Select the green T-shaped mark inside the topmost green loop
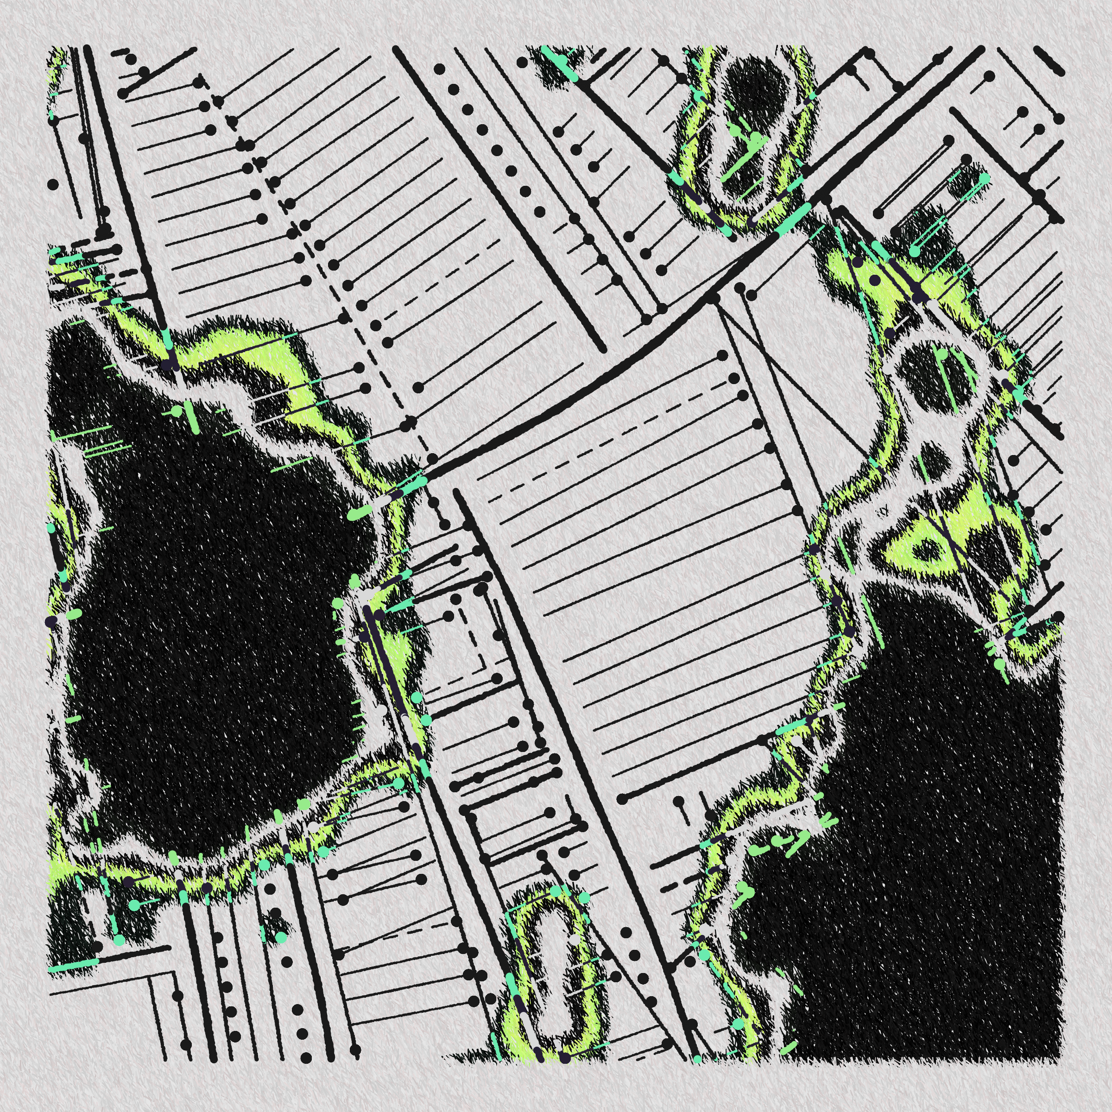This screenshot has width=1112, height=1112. click(748, 144)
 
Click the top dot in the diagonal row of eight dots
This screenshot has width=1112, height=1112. click(440, 69)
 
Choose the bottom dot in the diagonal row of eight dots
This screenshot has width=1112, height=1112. click(539, 212)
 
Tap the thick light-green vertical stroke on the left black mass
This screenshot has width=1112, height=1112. click(192, 417)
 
